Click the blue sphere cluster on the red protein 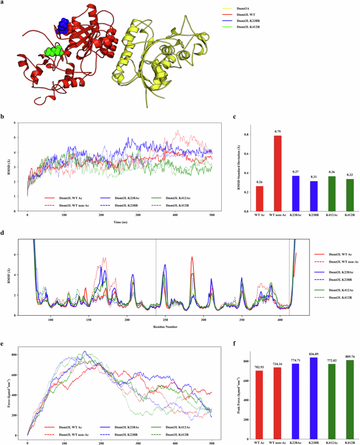click(64, 25)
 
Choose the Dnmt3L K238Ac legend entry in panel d click(336, 272)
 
